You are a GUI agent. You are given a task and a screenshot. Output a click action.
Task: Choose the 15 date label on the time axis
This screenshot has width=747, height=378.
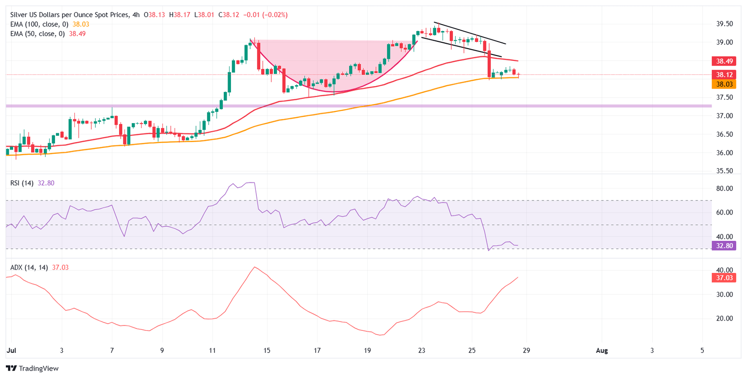click(267, 350)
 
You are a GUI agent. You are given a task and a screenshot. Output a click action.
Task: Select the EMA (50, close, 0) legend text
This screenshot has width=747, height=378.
click(35, 34)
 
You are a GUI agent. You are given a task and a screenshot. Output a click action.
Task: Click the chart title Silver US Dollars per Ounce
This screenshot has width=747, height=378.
click(63, 15)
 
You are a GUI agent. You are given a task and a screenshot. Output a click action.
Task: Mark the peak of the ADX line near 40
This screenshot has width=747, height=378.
click(254, 267)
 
